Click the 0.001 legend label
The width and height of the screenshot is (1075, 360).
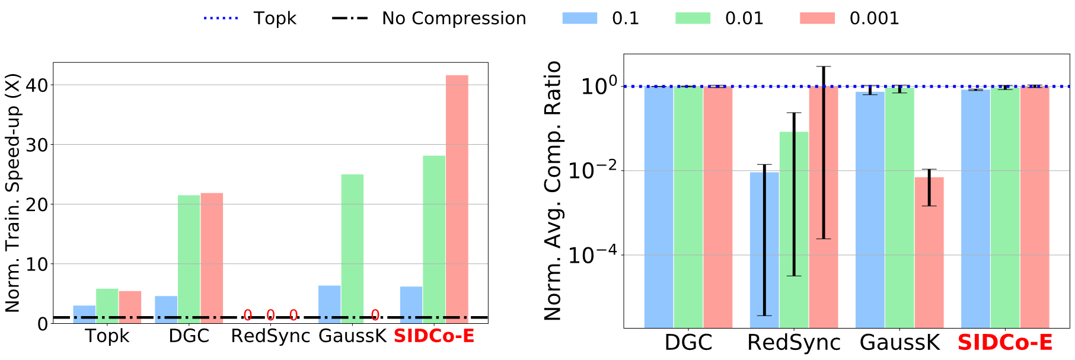click(874, 18)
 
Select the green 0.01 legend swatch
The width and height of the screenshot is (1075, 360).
click(693, 18)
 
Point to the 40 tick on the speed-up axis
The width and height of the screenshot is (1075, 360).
click(37, 85)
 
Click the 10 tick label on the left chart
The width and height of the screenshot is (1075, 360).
click(37, 265)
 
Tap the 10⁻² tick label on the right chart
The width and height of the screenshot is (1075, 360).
click(592, 170)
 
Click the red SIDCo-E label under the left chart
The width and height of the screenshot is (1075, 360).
click(434, 336)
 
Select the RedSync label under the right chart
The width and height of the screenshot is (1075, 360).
click(794, 343)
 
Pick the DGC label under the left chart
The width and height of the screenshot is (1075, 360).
click(189, 336)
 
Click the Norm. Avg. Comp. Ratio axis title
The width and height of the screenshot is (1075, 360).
click(553, 190)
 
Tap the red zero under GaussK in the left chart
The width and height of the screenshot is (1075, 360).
click(375, 316)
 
